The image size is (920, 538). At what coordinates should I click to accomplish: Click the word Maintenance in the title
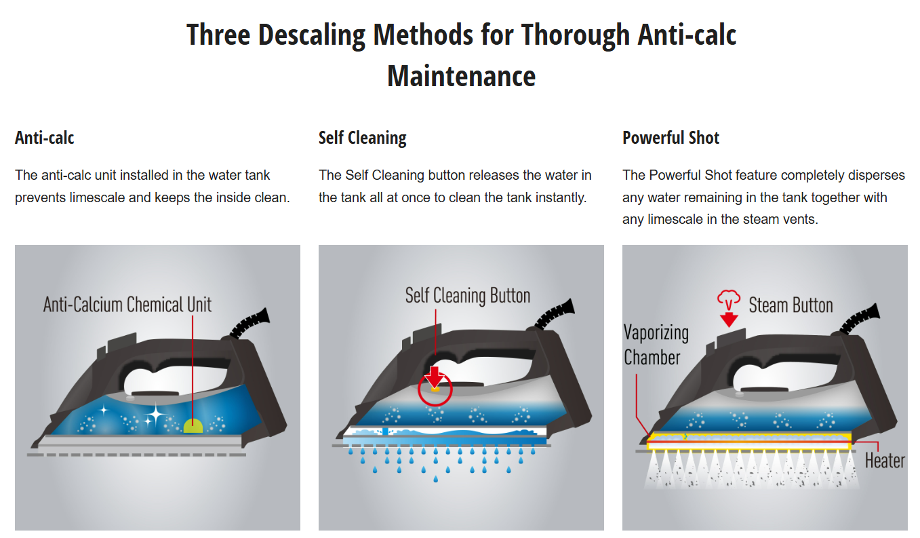tap(461, 77)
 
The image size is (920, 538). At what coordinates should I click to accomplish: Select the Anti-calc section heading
tap(44, 138)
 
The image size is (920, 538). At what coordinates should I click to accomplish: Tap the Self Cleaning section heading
tap(362, 138)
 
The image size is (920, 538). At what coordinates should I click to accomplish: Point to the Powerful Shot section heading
tap(671, 138)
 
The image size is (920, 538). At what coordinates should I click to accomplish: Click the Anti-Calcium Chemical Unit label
tap(127, 305)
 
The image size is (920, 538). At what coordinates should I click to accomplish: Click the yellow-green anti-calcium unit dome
tap(193, 426)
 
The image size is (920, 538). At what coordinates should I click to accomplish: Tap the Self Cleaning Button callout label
tap(468, 296)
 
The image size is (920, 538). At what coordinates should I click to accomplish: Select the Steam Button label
tap(791, 305)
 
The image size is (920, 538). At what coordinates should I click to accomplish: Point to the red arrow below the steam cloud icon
tap(729, 320)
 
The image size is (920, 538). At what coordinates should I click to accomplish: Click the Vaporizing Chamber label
tap(656, 345)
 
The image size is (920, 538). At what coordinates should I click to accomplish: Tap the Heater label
tap(885, 461)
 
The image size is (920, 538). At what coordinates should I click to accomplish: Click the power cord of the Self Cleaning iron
tap(555, 314)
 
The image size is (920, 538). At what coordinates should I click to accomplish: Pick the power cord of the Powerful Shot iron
tap(860, 319)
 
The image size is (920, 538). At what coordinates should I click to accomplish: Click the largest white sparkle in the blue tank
tap(156, 415)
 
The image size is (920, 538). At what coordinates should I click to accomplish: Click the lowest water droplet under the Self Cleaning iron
tap(435, 479)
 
